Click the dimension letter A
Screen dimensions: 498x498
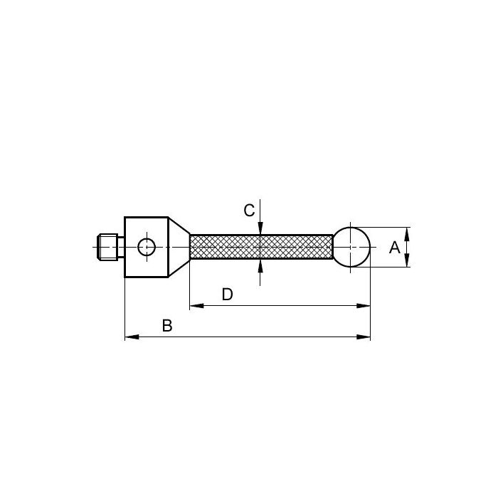point(394,248)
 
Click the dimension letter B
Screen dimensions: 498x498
point(167,326)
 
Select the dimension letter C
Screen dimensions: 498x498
point(249,211)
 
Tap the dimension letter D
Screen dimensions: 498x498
point(228,295)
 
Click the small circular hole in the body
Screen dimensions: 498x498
point(147,247)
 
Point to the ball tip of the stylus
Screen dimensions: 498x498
point(351,247)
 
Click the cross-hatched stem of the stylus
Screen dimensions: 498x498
point(261,247)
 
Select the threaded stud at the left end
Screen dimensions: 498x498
point(107,247)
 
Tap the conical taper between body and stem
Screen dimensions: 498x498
point(179,247)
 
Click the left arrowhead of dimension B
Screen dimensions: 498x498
point(132,337)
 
